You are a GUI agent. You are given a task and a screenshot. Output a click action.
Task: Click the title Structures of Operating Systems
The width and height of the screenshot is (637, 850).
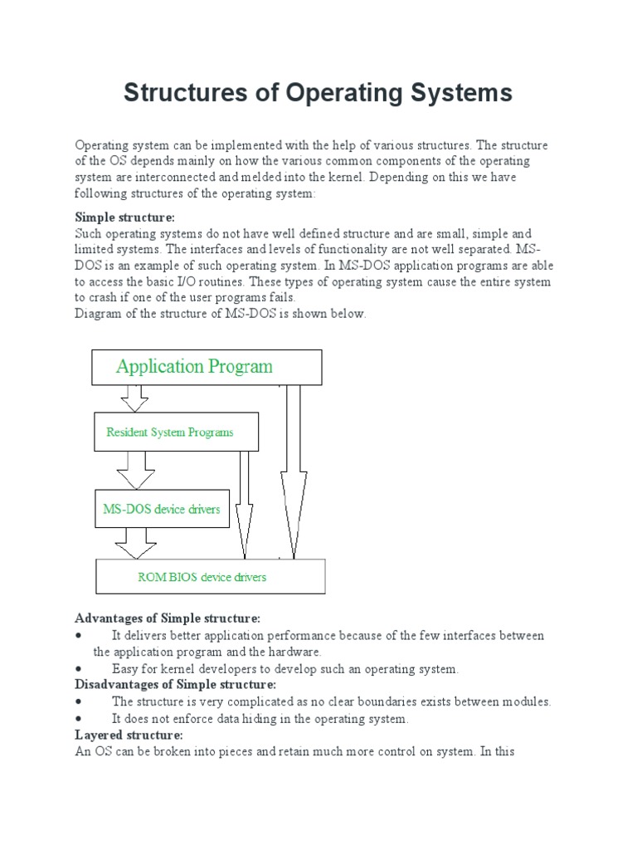click(x=318, y=92)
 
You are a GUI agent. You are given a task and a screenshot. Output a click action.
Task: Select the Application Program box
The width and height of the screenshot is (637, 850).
click(x=207, y=367)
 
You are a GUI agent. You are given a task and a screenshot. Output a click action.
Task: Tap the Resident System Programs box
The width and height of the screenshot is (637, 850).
click(x=176, y=432)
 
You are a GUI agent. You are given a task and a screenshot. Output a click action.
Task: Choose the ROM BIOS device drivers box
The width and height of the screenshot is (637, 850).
click(x=211, y=576)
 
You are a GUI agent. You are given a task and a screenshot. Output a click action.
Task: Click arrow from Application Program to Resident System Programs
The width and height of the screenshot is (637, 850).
click(x=134, y=398)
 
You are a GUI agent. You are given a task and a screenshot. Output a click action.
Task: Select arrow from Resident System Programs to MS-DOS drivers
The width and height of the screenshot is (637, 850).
click(x=135, y=471)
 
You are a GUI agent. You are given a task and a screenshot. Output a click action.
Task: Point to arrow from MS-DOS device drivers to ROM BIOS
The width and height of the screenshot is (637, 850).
click(x=135, y=543)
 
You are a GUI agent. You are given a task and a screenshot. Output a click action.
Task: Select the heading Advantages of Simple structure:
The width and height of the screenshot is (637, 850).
click(x=168, y=618)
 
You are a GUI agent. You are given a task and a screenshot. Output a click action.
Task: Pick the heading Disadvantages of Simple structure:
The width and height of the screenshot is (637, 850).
click(x=175, y=685)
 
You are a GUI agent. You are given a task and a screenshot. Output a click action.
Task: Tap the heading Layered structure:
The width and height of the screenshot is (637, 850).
click(x=129, y=735)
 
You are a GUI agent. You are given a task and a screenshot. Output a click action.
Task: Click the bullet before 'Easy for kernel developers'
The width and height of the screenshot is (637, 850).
click(x=78, y=668)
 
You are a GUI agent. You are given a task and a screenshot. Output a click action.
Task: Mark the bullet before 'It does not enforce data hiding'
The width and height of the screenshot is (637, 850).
click(x=78, y=719)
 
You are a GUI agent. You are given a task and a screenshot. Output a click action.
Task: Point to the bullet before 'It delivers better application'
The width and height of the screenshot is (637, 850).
click(x=78, y=635)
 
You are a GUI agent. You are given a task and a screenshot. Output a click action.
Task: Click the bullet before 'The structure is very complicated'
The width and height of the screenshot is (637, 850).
click(x=78, y=701)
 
